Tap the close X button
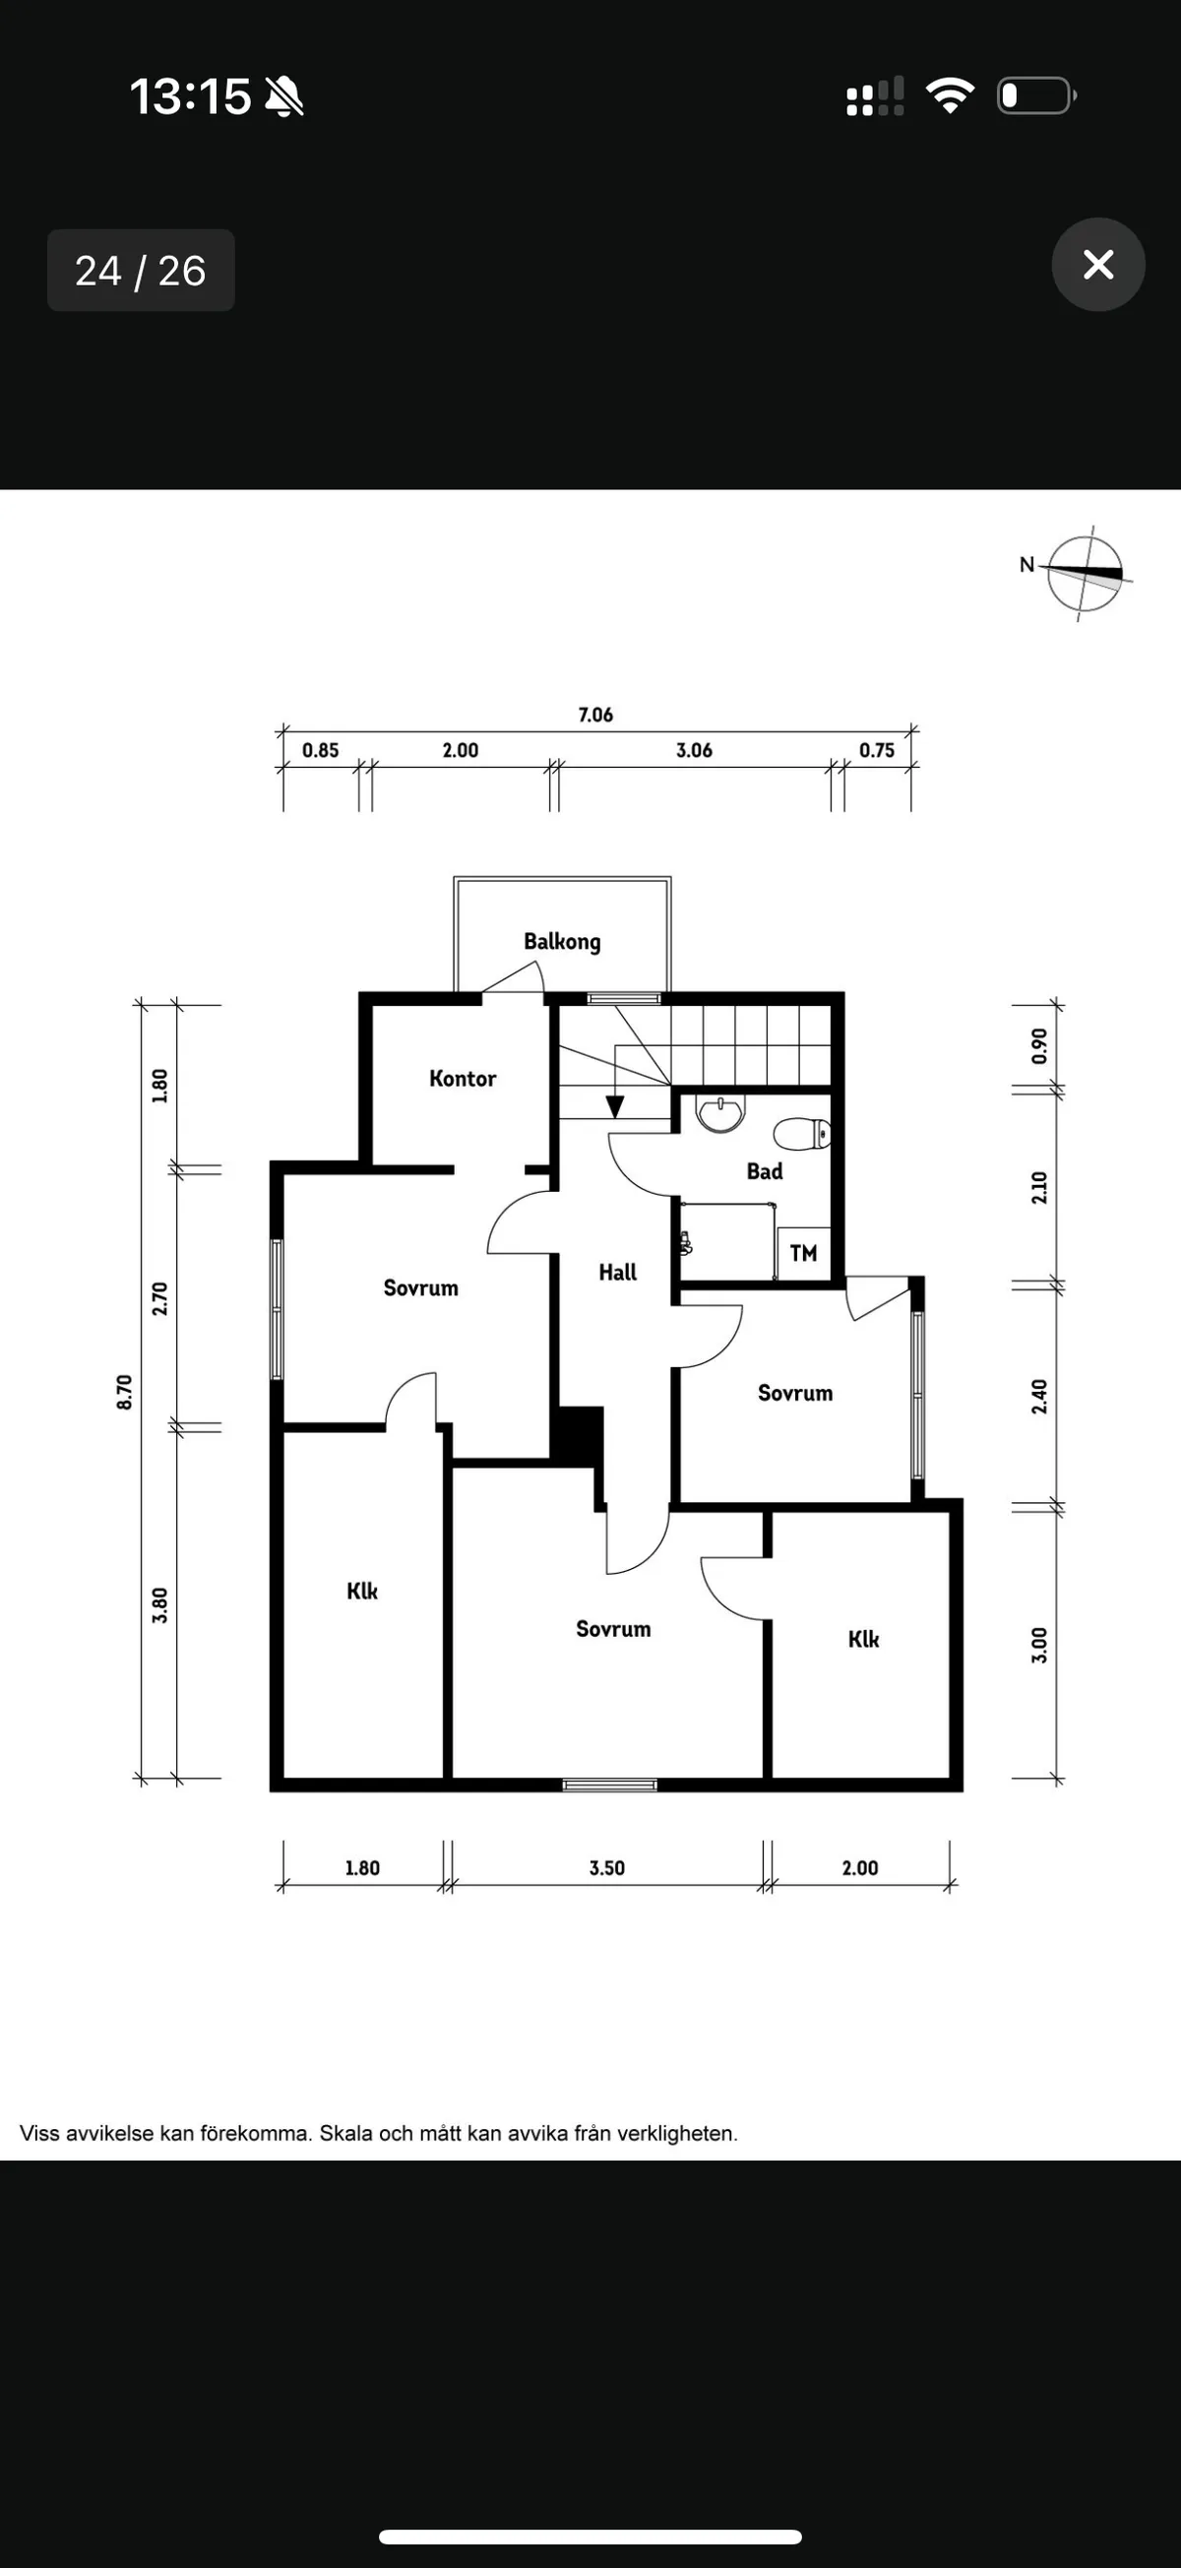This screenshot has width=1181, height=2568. tap(1097, 264)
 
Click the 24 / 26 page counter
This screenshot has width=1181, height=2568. tap(141, 270)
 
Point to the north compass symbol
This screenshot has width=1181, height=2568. tap(1085, 573)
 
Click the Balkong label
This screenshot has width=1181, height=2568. tap(562, 941)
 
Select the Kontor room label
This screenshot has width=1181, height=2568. tap(463, 1078)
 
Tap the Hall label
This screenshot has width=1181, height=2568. tap(617, 1272)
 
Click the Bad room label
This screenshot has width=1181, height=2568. tap(765, 1171)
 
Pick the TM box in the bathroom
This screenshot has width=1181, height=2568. tap(803, 1253)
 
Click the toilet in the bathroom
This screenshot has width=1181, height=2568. tap(801, 1134)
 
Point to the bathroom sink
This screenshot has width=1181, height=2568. tap(719, 1112)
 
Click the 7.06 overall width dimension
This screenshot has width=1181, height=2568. tap(595, 715)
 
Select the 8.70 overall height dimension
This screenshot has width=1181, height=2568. tap(125, 1391)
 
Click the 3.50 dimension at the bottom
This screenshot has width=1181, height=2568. tap(607, 1867)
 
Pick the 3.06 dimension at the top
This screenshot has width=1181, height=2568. tap(694, 750)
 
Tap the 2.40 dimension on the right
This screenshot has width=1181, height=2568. tap(1038, 1396)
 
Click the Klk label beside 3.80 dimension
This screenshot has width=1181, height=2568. tap(362, 1590)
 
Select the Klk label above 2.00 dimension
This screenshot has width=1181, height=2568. tap(863, 1639)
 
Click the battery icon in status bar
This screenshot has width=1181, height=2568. tap(1035, 95)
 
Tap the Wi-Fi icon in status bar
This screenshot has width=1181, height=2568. tap(950, 95)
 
